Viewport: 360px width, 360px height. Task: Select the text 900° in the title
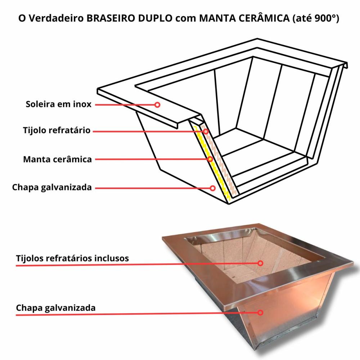(x=326, y=18)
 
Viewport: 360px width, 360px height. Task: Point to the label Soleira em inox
(x=58, y=104)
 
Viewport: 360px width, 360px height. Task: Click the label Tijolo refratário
(x=57, y=130)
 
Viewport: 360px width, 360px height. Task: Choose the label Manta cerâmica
(x=57, y=159)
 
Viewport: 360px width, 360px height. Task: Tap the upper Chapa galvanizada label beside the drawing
(x=52, y=187)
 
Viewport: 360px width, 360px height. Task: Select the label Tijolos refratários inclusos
(x=72, y=258)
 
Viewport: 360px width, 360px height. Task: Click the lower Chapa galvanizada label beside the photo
(x=56, y=308)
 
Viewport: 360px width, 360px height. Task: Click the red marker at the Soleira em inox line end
(x=157, y=105)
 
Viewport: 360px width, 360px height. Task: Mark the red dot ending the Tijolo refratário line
(x=206, y=131)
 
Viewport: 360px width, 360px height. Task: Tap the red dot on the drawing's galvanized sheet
(x=213, y=188)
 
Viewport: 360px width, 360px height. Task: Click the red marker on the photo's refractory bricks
(x=261, y=263)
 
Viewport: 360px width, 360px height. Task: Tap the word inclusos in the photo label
(x=112, y=258)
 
